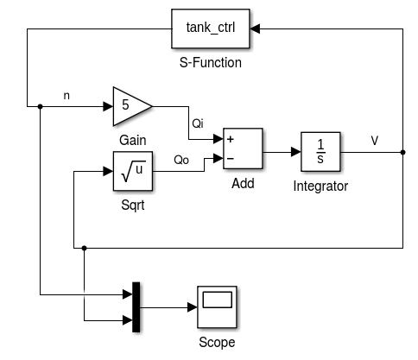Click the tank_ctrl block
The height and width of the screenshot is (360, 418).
point(212,28)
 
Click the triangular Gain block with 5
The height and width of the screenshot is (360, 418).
point(130,106)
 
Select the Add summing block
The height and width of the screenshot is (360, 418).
point(243,148)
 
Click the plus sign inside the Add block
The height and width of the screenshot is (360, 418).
point(231,139)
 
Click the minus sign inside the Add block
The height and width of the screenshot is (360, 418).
point(231,158)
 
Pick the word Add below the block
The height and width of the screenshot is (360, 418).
point(243,184)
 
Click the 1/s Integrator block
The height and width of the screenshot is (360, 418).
point(320,152)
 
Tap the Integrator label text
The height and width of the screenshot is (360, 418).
point(320,186)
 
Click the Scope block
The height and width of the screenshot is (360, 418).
point(217,306)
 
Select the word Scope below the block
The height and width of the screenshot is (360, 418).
point(217,341)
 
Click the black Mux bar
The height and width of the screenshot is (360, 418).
point(136,306)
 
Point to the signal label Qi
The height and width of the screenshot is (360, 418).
point(198,122)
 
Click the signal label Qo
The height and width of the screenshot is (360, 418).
point(181,160)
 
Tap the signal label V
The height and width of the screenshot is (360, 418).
point(374,140)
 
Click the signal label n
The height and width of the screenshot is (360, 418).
point(67,95)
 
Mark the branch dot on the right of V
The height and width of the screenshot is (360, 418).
point(403,153)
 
